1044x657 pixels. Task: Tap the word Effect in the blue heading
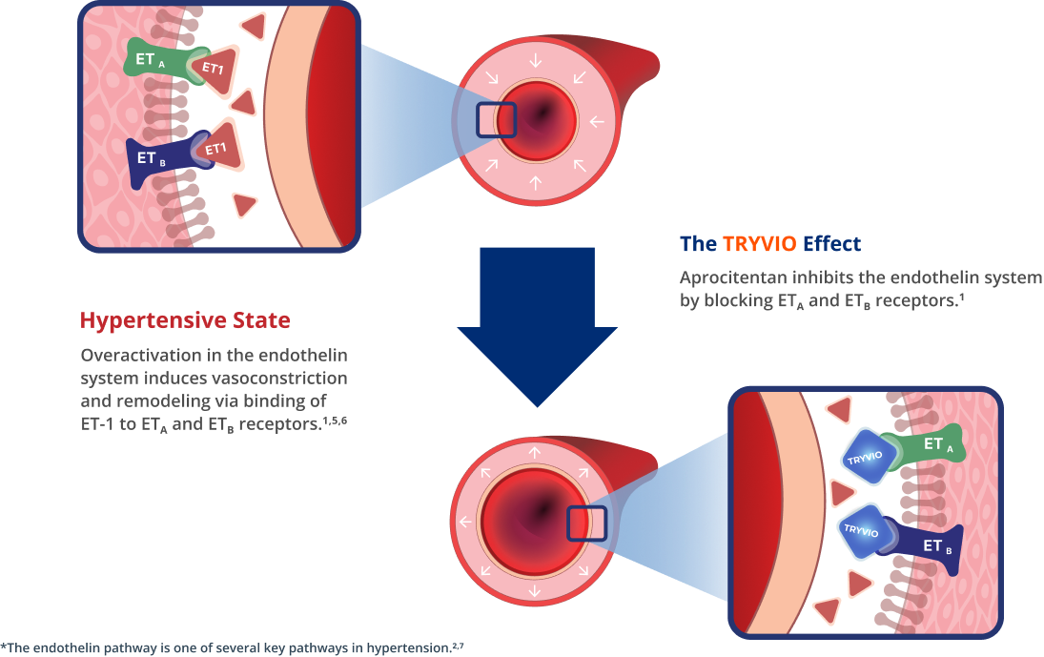pyautogui.click(x=831, y=243)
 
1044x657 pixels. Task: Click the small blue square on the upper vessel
pyautogui.click(x=495, y=120)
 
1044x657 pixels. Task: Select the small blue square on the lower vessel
pyautogui.click(x=586, y=524)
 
